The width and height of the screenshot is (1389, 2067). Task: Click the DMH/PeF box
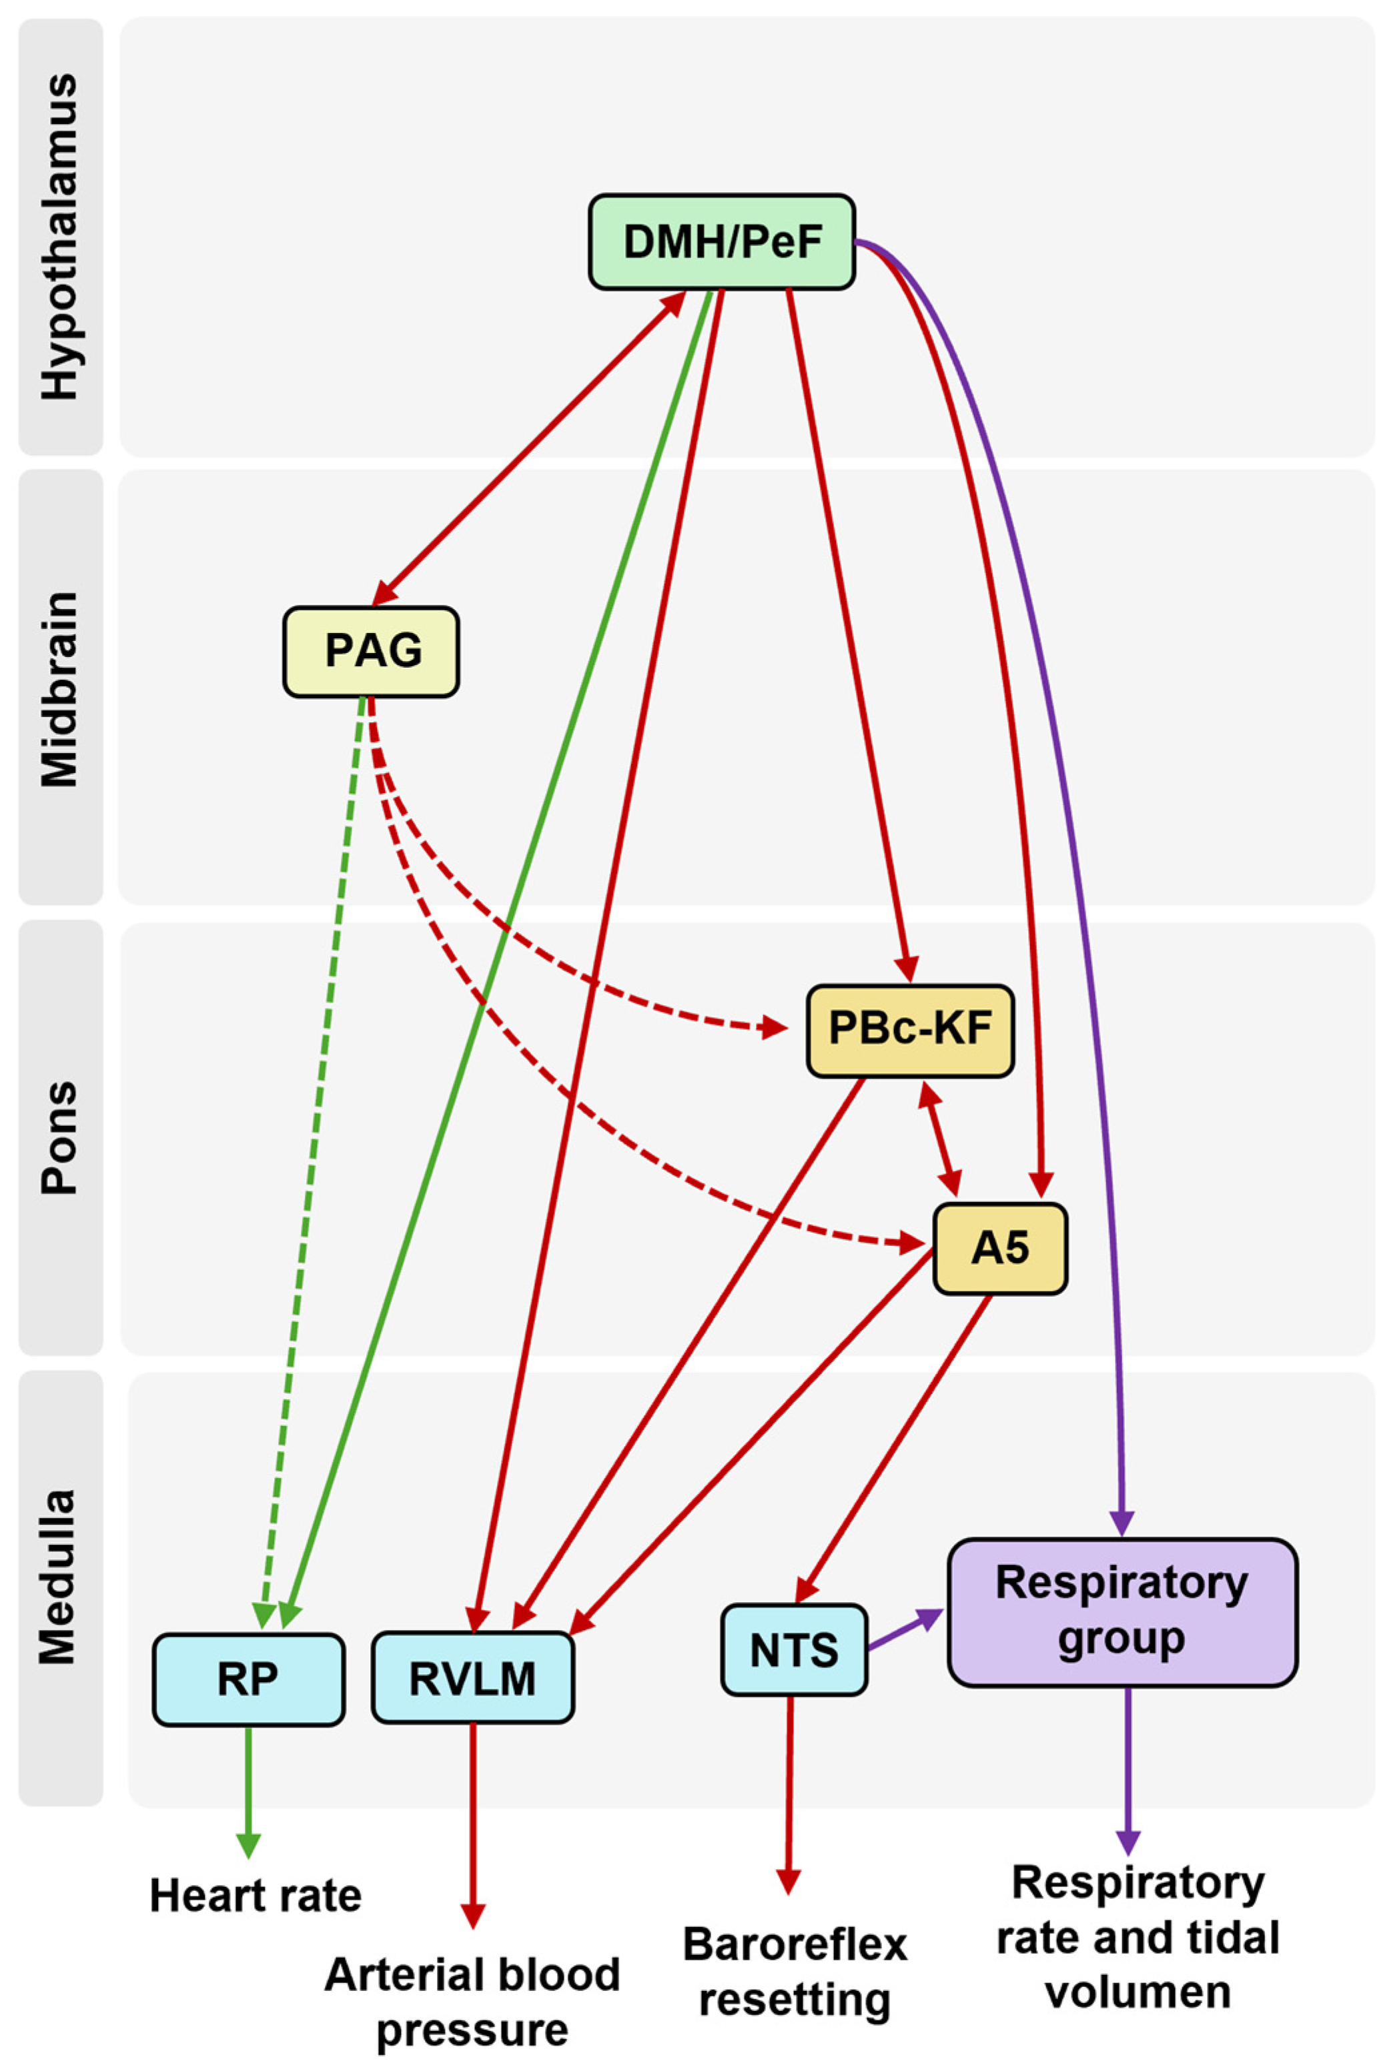tap(722, 241)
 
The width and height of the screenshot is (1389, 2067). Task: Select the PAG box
tap(371, 651)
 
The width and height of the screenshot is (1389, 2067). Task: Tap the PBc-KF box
tap(910, 1030)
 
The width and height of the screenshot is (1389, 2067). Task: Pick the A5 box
tap(1000, 1248)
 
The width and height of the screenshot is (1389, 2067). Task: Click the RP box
tap(248, 1679)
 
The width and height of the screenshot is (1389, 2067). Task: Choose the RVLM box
tap(472, 1679)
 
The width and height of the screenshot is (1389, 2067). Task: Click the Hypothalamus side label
tap(60, 237)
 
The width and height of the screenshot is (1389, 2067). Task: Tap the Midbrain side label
tap(60, 689)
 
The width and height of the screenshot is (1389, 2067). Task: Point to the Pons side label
tap(60, 1138)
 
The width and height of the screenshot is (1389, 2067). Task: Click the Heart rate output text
tap(255, 1896)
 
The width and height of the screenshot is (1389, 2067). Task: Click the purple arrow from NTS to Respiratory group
tap(903, 1630)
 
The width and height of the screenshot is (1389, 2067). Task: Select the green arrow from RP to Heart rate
tap(248, 1789)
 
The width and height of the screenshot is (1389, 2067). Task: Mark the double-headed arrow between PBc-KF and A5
tap(940, 1139)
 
